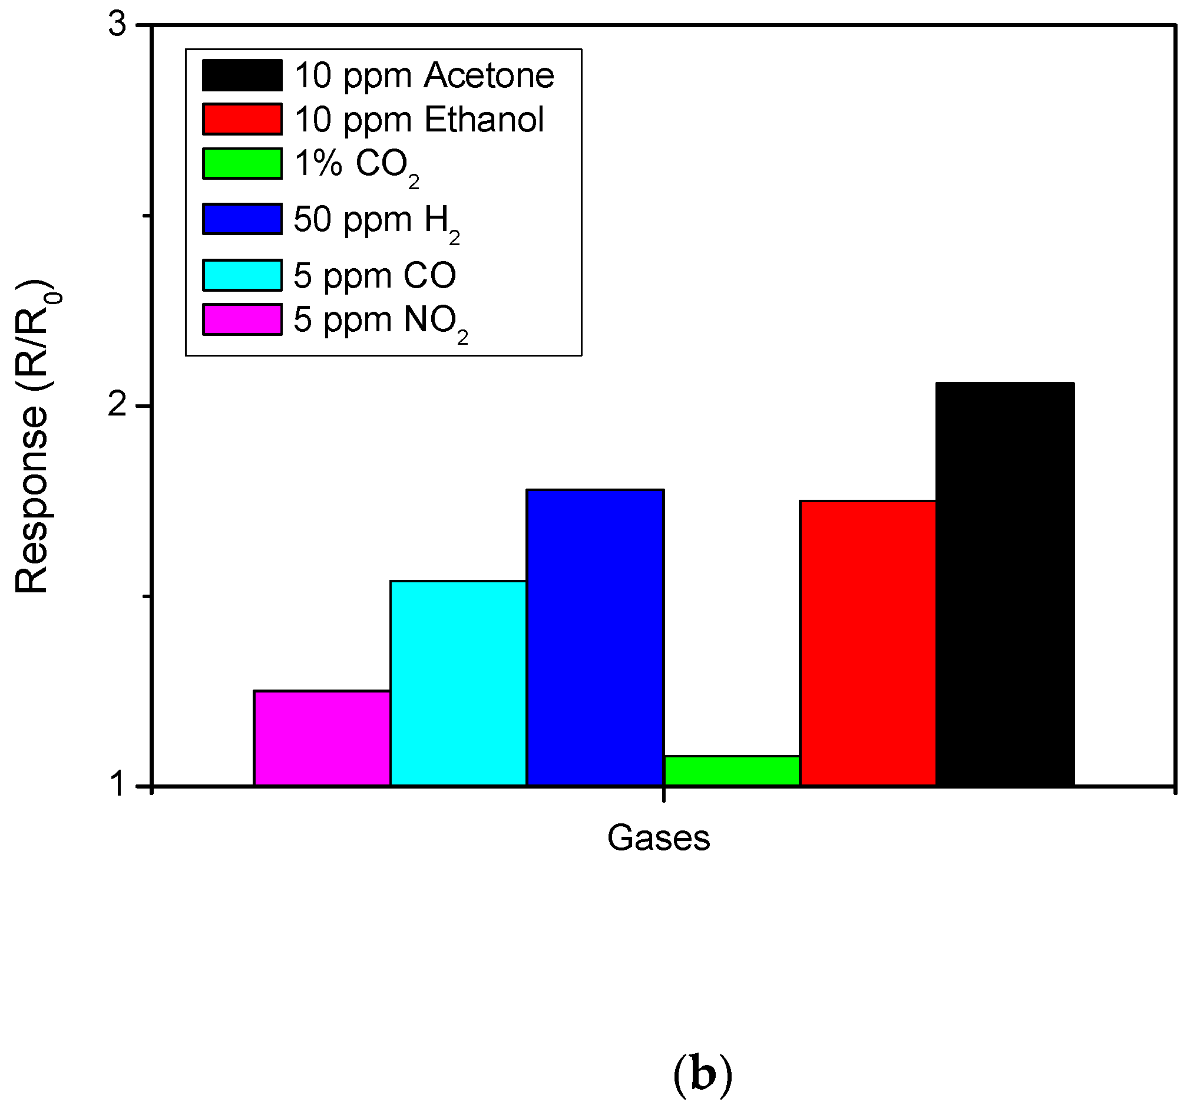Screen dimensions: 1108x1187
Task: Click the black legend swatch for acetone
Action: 242,75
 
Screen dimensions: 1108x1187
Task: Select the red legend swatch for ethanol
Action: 242,119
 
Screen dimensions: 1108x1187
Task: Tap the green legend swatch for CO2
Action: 242,163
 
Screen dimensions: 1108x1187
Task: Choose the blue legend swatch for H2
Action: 242,219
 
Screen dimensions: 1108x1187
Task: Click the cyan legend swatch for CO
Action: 242,275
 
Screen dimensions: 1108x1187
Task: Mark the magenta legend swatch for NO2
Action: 242,319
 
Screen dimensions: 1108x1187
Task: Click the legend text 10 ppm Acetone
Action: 425,76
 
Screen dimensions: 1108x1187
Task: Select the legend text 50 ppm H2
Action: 376,221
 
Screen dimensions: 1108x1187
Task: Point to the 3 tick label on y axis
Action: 118,25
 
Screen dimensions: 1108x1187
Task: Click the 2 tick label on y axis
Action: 118,405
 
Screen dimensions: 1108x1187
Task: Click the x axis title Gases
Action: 659,838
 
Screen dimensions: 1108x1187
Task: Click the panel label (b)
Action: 702,1074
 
